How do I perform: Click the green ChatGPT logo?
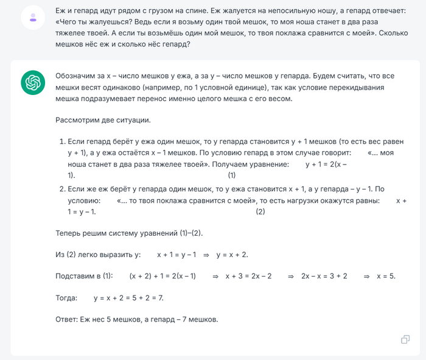coord(33,82)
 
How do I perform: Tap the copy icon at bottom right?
coord(405,339)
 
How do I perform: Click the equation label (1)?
coord(232,175)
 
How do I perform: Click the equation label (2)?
coord(260,211)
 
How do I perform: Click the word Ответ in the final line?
coord(66,319)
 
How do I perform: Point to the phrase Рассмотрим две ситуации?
coord(102,120)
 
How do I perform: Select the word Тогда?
coord(66,298)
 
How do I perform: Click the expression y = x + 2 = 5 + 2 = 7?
coord(128,298)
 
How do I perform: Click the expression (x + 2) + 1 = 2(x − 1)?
coord(162,276)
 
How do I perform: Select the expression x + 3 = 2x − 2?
coord(248,276)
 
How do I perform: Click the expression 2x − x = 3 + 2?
coord(324,276)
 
